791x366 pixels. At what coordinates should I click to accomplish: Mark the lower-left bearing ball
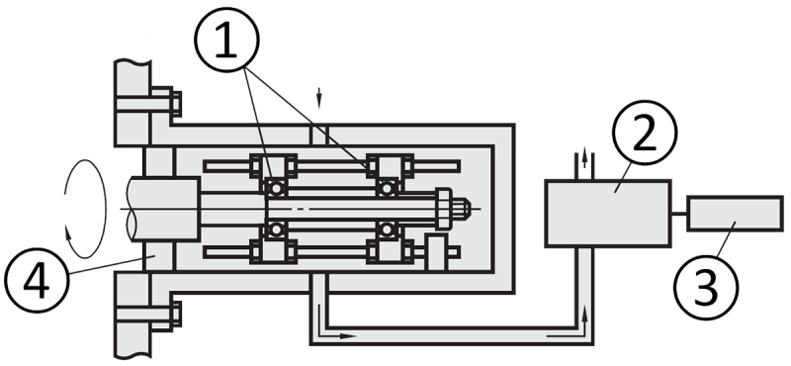coord(278,230)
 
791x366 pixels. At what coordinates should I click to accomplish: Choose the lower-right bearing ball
coord(390,230)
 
